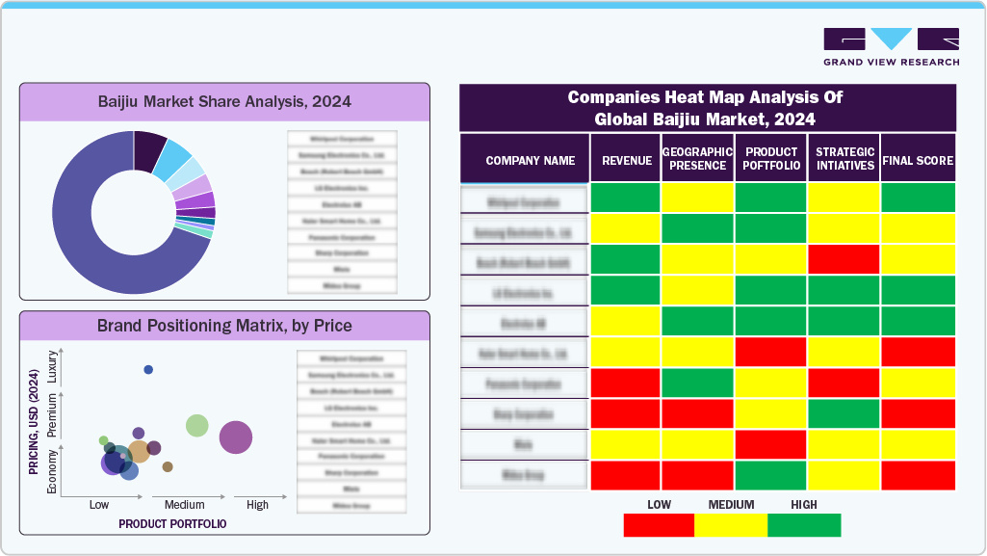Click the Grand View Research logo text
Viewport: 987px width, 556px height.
tap(891, 62)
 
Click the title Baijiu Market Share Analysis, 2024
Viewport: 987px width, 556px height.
tap(224, 101)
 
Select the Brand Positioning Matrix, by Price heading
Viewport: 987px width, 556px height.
tap(224, 326)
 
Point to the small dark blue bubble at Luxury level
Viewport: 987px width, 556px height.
tap(148, 370)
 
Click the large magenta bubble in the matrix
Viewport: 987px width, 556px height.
tap(236, 437)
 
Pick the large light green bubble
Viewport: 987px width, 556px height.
tap(196, 425)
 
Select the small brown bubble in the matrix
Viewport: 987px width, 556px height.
tap(168, 466)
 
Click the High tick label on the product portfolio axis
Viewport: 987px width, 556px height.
tap(257, 505)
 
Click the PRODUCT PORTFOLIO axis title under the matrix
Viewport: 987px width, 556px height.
tap(172, 523)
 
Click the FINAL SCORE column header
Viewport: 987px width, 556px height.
tap(918, 161)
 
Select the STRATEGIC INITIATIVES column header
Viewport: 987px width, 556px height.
tap(844, 159)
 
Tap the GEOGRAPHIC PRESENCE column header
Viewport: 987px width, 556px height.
tap(698, 159)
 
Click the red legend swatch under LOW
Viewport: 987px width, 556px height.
tap(659, 525)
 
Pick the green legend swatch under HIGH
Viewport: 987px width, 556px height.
tap(804, 525)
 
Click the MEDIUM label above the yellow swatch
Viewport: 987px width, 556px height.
tap(731, 504)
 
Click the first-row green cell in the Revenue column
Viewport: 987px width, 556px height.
tap(625, 198)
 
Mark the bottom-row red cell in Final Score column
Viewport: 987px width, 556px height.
tap(918, 475)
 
